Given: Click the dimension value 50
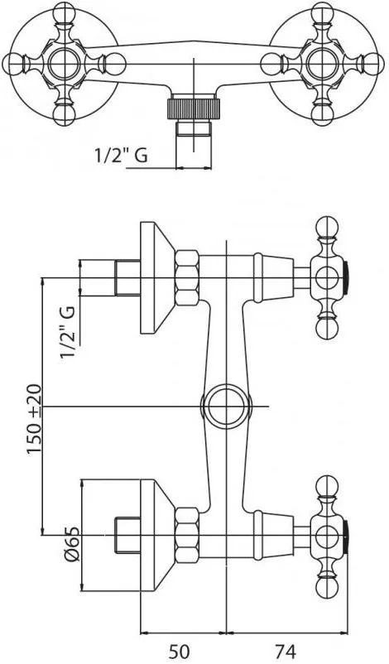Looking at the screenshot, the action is point(179,652).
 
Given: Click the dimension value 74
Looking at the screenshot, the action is point(285,652).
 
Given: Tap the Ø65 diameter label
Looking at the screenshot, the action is point(72,545).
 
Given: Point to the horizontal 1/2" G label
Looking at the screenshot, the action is point(120,156).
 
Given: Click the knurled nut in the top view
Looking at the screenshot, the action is point(194,108).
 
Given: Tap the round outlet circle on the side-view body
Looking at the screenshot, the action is point(227,407).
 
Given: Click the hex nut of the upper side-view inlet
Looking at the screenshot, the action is point(187,278).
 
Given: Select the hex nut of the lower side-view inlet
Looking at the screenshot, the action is point(187,535).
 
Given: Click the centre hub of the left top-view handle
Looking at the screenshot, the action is point(64,64).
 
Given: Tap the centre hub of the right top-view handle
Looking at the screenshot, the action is point(323,64).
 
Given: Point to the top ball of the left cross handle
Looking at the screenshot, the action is point(64,12).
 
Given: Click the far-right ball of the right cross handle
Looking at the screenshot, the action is point(374,64).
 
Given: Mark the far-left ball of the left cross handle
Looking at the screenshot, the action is point(12,64).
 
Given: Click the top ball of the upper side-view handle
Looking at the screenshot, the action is point(327,228).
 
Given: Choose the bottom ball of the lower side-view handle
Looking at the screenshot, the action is point(327,585).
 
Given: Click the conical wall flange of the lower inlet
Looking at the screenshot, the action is point(157,536).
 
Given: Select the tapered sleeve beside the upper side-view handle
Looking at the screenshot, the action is point(273,278).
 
